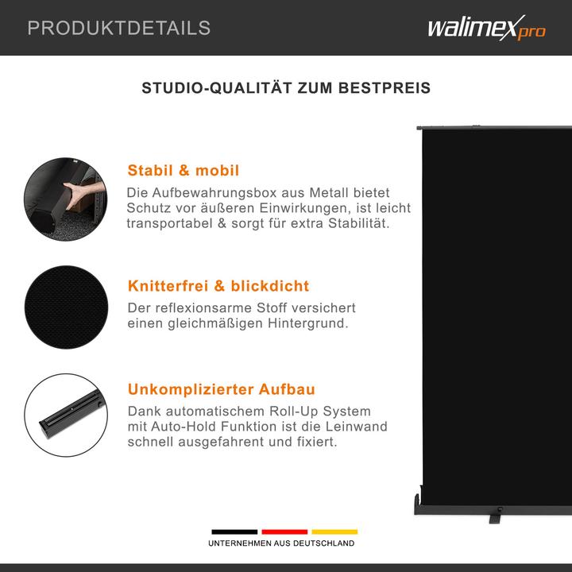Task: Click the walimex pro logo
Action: tap(486, 29)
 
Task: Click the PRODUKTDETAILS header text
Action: tap(119, 29)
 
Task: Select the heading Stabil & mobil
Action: tap(184, 171)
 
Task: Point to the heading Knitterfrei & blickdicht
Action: tap(218, 286)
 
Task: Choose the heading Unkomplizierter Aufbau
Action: tap(222, 389)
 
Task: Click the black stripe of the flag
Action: tap(234, 531)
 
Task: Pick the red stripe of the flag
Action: tap(284, 531)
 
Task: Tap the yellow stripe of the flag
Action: tap(334, 531)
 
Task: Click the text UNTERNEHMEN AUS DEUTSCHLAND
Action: tap(281, 543)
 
